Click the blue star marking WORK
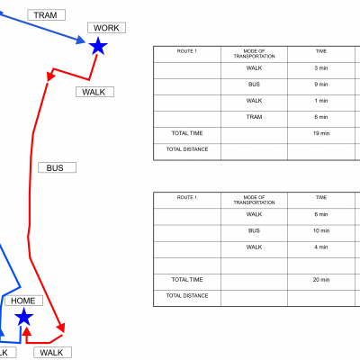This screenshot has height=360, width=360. click(98, 46)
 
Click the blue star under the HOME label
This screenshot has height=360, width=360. click(23, 317)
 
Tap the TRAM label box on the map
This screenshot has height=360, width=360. click(47, 15)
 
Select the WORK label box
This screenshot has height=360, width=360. click(106, 28)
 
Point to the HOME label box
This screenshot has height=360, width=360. click(23, 301)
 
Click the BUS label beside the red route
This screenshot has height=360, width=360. click(57, 167)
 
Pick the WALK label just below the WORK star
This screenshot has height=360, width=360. click(94, 92)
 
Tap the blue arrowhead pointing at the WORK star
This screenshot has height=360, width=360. click(81, 40)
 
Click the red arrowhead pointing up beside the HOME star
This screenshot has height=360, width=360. click(27, 331)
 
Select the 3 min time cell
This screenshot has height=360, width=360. click(321, 68)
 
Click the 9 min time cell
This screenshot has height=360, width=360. click(321, 85)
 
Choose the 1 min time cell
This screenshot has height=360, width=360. click(321, 101)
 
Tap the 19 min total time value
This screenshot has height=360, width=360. click(321, 133)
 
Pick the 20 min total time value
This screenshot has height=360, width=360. click(321, 280)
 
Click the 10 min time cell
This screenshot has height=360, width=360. click(321, 230)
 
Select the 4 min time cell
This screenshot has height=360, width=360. click(321, 247)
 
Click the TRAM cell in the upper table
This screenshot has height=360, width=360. click(254, 117)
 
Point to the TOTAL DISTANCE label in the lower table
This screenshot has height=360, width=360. click(187, 296)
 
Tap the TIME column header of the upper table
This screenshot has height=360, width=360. click(321, 51)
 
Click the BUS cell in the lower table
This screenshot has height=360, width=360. click(254, 230)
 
